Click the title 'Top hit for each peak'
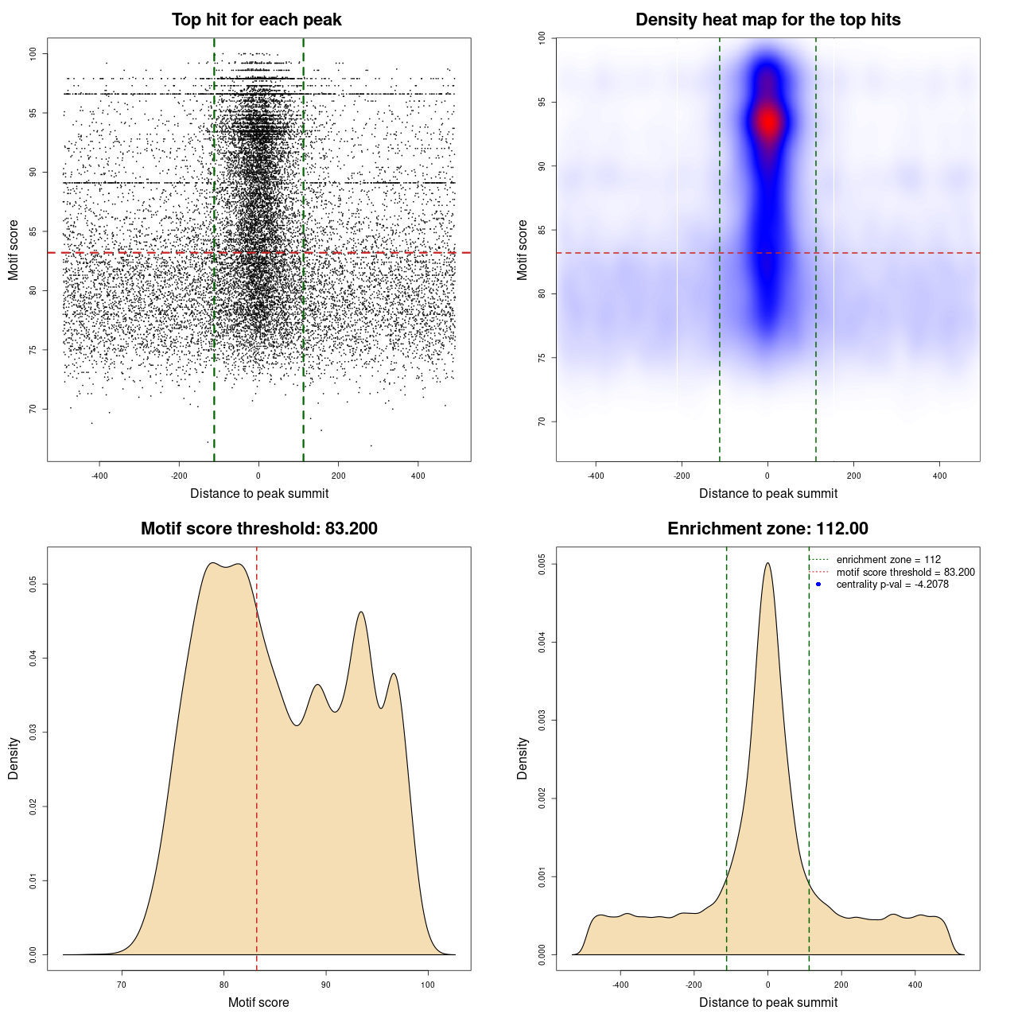tap(256, 20)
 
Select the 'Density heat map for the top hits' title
tap(767, 20)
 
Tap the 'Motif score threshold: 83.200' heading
tap(258, 529)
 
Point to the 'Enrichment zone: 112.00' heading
tap(767, 529)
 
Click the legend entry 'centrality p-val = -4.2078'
tap(892, 585)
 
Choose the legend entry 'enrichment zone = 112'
tap(888, 560)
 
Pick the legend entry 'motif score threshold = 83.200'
tap(905, 573)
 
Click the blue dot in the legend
tap(818, 585)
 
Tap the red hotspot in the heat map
tap(767, 122)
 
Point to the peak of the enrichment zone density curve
tap(767, 563)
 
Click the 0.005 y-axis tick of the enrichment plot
tap(542, 564)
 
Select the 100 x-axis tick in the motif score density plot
tap(428, 985)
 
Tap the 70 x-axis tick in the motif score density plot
tap(122, 985)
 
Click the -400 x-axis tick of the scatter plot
tap(99, 476)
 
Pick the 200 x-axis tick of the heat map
tap(853, 476)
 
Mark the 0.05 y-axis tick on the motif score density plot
tap(33, 585)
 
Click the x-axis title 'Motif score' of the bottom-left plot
tap(258, 1002)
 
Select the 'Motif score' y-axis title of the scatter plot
tap(14, 250)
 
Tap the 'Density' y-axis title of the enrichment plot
tap(523, 758)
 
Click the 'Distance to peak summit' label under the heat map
tap(767, 493)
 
